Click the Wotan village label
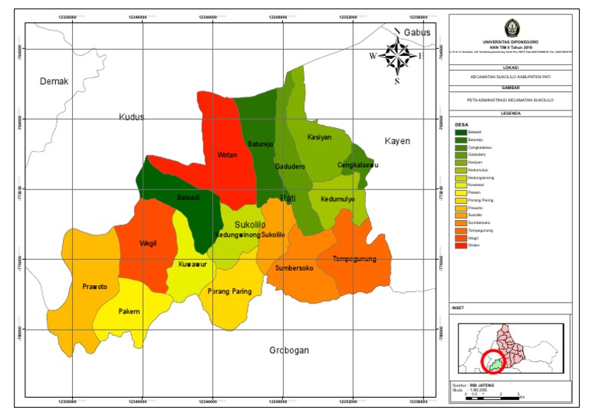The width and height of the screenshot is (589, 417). (x=227, y=155)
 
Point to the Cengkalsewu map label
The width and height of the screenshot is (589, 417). (x=358, y=166)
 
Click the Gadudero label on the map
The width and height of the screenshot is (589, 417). (x=290, y=166)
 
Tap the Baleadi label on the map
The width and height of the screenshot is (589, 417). (x=189, y=197)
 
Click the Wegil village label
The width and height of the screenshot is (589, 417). (x=148, y=244)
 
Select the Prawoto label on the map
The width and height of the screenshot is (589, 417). (x=94, y=287)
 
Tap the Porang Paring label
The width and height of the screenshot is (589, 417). (x=230, y=291)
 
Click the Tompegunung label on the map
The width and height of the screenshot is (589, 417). (x=354, y=259)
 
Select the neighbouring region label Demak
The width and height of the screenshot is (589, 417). (x=54, y=82)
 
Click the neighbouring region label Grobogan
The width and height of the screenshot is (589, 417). (x=288, y=350)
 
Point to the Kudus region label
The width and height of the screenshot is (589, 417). (x=132, y=117)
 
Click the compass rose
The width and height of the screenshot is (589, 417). (x=397, y=55)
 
